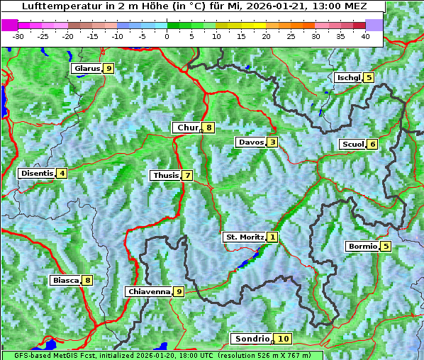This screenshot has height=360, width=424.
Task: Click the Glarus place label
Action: click(86, 69)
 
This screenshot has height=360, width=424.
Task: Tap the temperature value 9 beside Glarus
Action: click(108, 69)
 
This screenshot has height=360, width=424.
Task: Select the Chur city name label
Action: click(187, 128)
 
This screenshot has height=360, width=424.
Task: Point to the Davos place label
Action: click(250, 142)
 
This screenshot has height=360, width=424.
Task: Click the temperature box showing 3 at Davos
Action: click(272, 142)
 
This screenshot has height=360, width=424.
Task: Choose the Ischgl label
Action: click(348, 78)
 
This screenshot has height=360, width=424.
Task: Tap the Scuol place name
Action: click(352, 145)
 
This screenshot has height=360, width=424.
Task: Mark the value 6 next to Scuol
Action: click(372, 145)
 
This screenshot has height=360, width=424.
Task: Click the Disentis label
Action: click(37, 173)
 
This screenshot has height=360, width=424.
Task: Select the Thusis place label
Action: click(165, 176)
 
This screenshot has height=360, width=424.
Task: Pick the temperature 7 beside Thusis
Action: click(187, 176)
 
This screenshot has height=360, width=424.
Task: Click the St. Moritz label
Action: click(244, 237)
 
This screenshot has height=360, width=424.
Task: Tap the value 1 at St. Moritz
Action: click(273, 237)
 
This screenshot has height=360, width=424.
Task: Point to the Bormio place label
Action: click(362, 247)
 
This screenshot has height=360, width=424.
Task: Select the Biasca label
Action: click(65, 281)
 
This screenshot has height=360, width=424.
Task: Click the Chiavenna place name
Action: click(148, 291)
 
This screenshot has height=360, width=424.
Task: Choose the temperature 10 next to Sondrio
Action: click(283, 339)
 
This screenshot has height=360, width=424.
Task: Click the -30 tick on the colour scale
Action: click(18, 36)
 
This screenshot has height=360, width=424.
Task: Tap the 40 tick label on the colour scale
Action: click(365, 36)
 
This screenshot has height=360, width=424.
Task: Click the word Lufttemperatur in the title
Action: click(54, 6)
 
